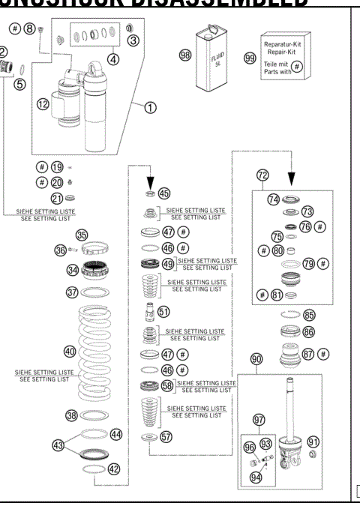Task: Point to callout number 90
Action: click(256, 360)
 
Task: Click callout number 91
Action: click(314, 442)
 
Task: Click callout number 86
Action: click(309, 330)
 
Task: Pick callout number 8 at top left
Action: click(30, 28)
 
